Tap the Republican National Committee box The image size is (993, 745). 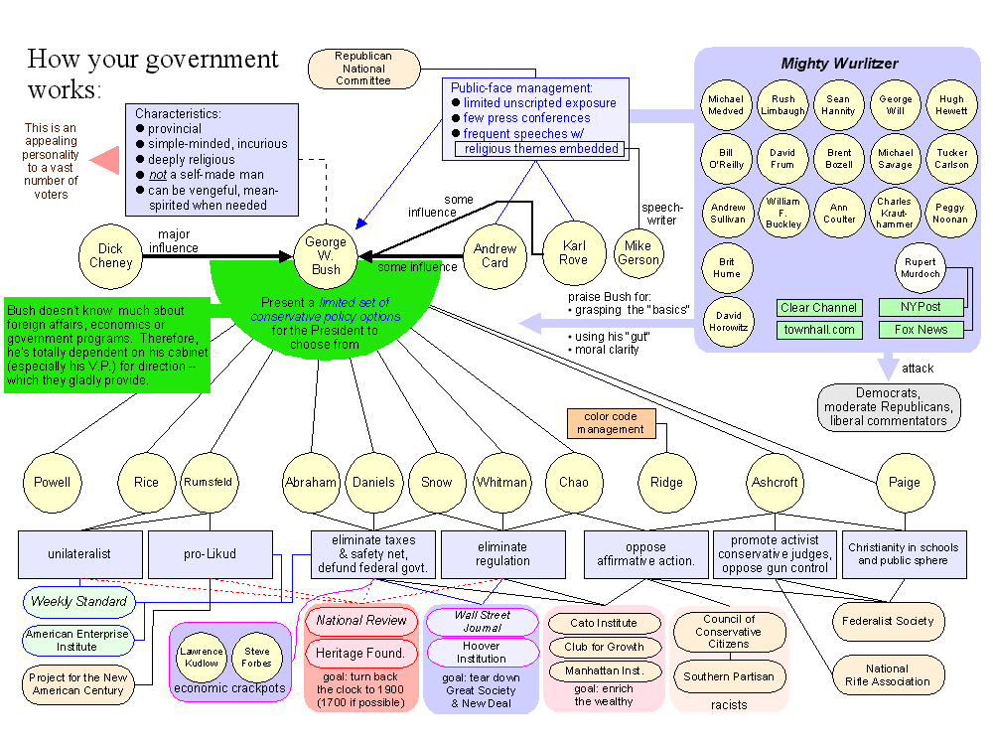(363, 69)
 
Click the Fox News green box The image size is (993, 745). (921, 329)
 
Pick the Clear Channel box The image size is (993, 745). (819, 308)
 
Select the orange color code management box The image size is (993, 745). (612, 423)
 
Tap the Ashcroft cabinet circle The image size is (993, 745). (775, 482)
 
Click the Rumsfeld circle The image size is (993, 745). (208, 482)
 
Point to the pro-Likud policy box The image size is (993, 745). (211, 553)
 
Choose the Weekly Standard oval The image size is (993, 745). (78, 601)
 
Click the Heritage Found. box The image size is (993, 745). (360, 653)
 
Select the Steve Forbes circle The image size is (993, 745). (257, 658)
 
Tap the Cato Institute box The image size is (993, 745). (604, 624)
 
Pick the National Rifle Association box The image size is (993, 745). (887, 674)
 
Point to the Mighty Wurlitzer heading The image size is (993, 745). (839, 64)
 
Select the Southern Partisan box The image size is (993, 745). (729, 676)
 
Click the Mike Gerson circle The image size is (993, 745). (638, 252)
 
